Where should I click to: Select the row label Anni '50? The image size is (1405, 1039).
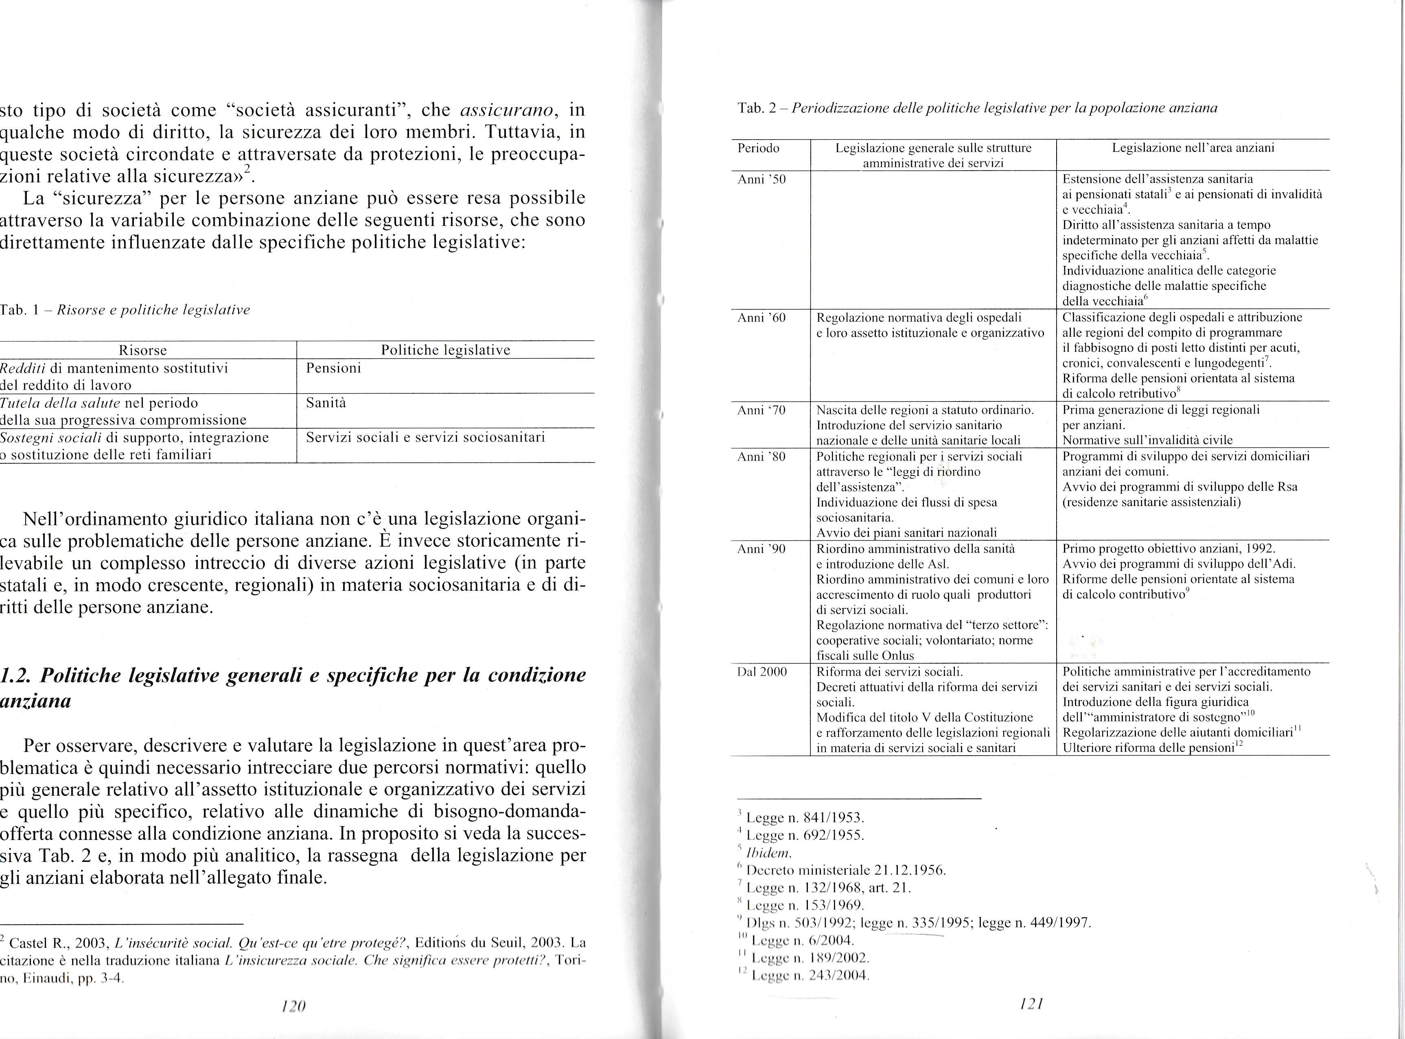click(761, 179)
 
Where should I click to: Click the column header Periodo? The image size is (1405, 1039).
click(758, 149)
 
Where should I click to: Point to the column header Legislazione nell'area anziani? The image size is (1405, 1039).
click(1193, 149)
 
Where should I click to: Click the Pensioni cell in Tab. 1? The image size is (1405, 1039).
click(333, 368)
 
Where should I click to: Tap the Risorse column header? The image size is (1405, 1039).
click(143, 350)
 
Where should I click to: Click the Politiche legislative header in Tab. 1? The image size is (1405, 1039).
click(445, 350)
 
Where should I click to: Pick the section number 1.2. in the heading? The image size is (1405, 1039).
click(18, 675)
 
